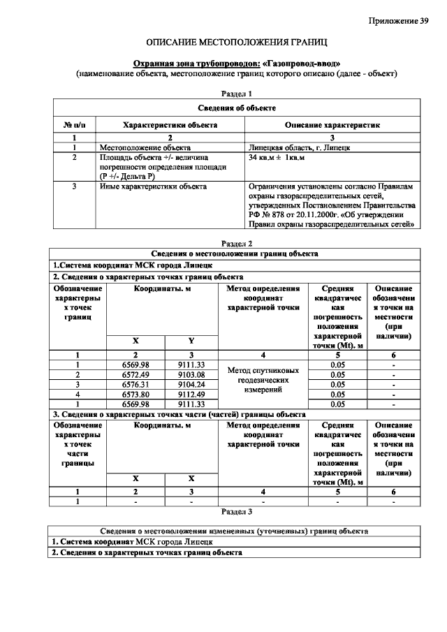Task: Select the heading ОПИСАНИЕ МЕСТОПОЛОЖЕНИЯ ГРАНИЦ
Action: click(236, 43)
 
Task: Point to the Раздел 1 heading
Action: click(236, 93)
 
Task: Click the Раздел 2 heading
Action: click(236, 243)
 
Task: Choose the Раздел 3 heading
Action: click(236, 511)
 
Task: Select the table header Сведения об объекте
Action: click(236, 108)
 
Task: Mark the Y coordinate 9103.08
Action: click(191, 375)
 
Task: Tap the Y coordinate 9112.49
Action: click(191, 393)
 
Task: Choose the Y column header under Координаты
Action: click(191, 340)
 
